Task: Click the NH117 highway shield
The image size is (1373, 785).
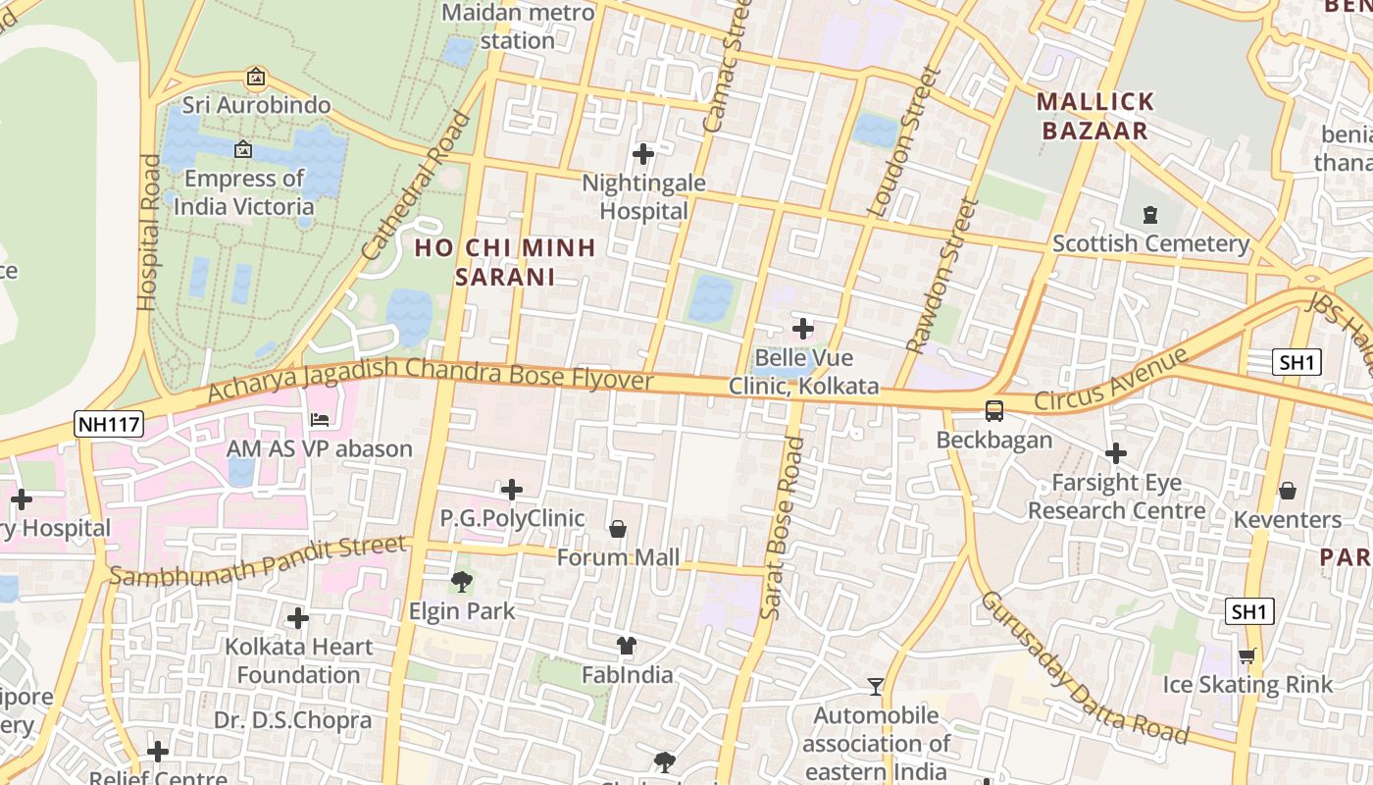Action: [x=108, y=424]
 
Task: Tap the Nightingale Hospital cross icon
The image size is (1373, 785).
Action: [x=643, y=154]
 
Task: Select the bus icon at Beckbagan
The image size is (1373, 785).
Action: [x=993, y=410]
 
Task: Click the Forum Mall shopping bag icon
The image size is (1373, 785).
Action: [x=618, y=529]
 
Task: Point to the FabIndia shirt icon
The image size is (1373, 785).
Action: [x=627, y=645]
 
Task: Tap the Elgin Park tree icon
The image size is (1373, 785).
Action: [x=461, y=582]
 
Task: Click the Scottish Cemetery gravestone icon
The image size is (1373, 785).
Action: [x=1150, y=214]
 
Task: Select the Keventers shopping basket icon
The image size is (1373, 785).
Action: [x=1287, y=490]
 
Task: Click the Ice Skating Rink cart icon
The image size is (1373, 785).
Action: [x=1246, y=655]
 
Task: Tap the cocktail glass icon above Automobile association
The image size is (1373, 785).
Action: [x=876, y=686]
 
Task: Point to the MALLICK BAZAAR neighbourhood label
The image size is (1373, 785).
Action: [x=1094, y=116]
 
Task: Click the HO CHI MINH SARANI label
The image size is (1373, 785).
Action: [x=505, y=262]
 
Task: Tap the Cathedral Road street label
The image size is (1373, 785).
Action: [x=417, y=186]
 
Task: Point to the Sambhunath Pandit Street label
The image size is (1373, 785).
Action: [x=257, y=561]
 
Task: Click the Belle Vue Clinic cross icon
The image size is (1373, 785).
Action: [x=803, y=328]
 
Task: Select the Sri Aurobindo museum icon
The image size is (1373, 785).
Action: [x=256, y=77]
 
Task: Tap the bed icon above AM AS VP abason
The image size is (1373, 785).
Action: [x=320, y=420]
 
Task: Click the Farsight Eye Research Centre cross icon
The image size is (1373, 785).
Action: [x=1115, y=453]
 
